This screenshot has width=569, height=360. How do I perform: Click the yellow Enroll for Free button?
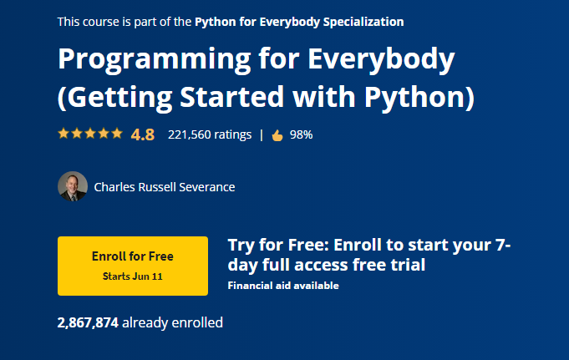[132, 265]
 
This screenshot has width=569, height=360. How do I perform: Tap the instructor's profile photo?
[73, 186]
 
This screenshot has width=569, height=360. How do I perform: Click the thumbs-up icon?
[277, 134]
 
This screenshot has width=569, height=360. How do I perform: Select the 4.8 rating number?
[143, 134]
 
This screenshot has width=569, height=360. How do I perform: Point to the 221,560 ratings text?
[209, 134]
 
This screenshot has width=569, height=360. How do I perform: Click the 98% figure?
[301, 134]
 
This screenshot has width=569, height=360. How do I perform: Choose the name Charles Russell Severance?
[165, 187]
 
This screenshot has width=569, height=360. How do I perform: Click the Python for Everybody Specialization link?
[299, 22]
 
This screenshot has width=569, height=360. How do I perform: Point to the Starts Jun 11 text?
[132, 276]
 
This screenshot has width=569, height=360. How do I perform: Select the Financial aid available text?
[283, 286]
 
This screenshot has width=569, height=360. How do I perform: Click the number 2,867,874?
[88, 322]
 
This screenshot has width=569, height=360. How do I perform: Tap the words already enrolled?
[173, 322]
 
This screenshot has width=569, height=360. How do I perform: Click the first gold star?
[64, 134]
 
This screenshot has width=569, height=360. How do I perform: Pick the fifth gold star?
[117, 134]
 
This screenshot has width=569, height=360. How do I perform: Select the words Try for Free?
[277, 245]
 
